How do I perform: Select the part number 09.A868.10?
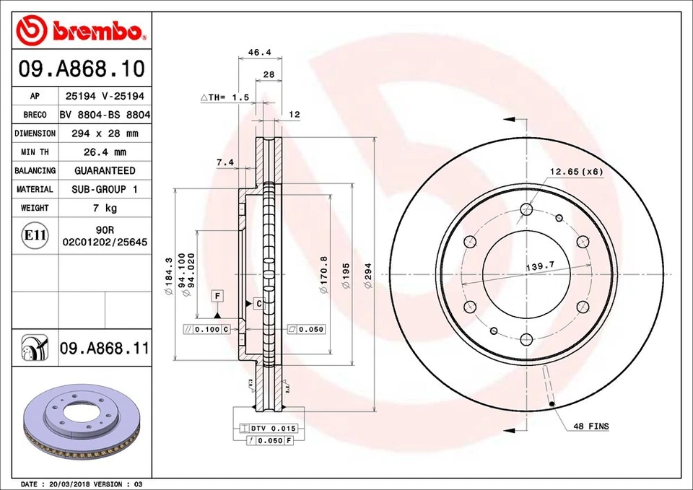coord(82,69)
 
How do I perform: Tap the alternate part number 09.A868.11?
coord(104,349)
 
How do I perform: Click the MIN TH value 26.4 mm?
coord(105,152)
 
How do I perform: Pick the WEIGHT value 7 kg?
coord(105,208)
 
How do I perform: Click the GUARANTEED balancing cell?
coord(105,171)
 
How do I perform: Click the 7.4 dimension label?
coord(225,163)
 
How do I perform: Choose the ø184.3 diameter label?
coord(168,277)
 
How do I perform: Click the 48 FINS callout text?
coord(591,426)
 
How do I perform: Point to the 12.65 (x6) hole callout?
coord(576,171)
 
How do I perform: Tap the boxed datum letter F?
coord(217,296)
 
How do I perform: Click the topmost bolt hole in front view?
coord(526,210)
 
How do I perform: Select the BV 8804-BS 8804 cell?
coord(105,115)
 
